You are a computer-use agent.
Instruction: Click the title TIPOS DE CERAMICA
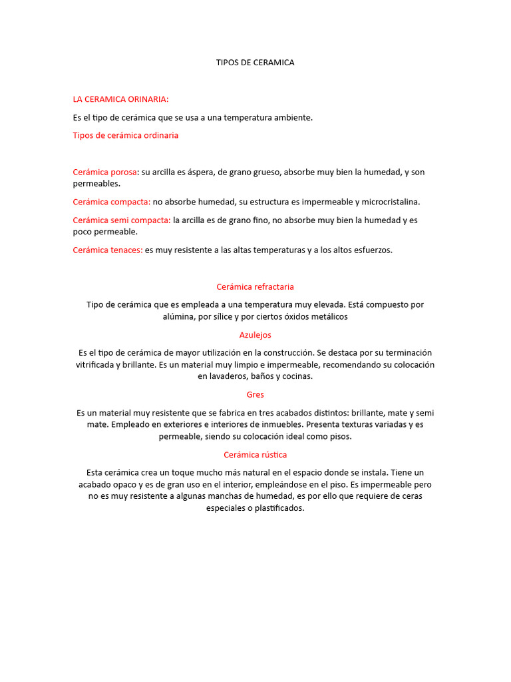255,63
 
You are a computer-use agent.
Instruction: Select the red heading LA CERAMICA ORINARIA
120,99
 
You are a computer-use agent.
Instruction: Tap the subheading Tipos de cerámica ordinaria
125,135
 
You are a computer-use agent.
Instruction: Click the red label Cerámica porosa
105,172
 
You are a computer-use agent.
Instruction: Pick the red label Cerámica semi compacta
122,220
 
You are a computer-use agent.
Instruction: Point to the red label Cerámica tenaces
108,250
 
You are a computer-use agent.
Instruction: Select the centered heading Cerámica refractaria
255,286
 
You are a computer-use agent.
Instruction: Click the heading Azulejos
255,335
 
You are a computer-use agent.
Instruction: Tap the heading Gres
255,394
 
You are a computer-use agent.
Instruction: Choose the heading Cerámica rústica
255,455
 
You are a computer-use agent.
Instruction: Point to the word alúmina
179,317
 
